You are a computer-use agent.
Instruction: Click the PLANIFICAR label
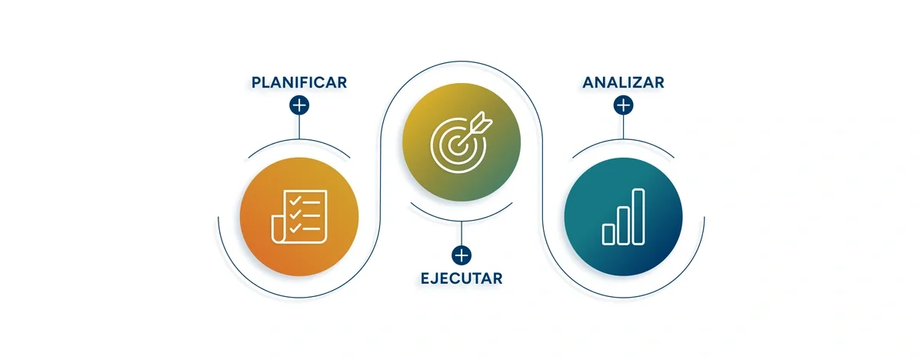tap(299, 82)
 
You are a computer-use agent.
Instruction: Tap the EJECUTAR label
tap(461, 278)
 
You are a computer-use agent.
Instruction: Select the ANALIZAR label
tap(623, 82)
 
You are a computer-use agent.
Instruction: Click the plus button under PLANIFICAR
tap(299, 105)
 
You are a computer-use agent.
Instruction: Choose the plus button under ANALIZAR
tap(623, 105)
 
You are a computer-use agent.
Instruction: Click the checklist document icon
tap(297, 216)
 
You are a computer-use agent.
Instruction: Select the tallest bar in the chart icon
tap(638, 215)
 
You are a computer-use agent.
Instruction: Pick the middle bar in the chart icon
tap(623, 225)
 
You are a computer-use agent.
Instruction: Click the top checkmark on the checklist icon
tap(293, 202)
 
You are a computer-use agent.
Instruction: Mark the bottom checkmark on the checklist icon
tap(293, 228)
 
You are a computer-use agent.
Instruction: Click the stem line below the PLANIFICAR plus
tap(299, 127)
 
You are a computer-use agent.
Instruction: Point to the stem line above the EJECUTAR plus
tap(461, 233)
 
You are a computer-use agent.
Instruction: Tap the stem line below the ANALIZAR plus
tap(623, 127)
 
